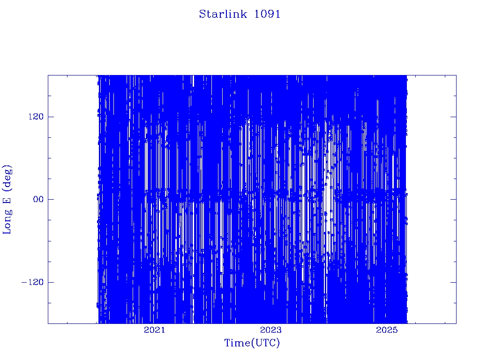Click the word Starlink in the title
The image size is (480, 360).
click(x=223, y=14)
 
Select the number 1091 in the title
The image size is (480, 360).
click(x=267, y=14)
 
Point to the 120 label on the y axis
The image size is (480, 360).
click(x=36, y=117)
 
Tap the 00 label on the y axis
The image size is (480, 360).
click(x=38, y=199)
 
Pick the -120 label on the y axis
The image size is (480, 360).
click(x=32, y=282)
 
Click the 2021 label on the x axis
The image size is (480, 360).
click(x=154, y=330)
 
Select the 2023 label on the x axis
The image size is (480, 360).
click(x=270, y=330)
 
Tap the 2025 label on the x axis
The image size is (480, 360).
click(x=387, y=330)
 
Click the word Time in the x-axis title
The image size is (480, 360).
click(x=238, y=343)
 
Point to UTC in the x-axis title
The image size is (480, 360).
click(x=265, y=343)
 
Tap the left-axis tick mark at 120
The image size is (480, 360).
click(x=51, y=117)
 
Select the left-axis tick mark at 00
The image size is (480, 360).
click(x=51, y=199)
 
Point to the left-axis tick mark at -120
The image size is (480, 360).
click(x=51, y=282)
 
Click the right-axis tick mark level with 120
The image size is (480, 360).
click(x=453, y=117)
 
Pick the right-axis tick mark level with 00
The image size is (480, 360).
click(x=453, y=199)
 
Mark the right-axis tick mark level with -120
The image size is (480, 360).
click(x=453, y=282)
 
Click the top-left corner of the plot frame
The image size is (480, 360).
click(x=48, y=75)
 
